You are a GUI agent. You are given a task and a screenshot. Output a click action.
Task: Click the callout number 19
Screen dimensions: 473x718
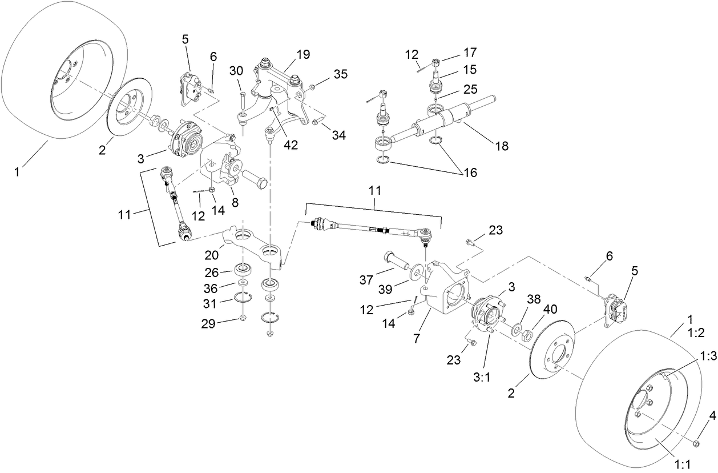[x=303, y=55]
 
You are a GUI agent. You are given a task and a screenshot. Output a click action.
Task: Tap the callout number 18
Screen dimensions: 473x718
[x=501, y=146]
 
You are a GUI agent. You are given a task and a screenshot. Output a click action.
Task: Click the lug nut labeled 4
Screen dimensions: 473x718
[x=696, y=443]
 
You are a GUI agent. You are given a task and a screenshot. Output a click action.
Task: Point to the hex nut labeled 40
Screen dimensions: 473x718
[x=529, y=333]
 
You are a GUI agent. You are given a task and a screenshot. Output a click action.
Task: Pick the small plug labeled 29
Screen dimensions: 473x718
[x=243, y=318]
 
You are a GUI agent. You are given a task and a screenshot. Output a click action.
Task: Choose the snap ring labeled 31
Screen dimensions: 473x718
[x=243, y=298]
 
